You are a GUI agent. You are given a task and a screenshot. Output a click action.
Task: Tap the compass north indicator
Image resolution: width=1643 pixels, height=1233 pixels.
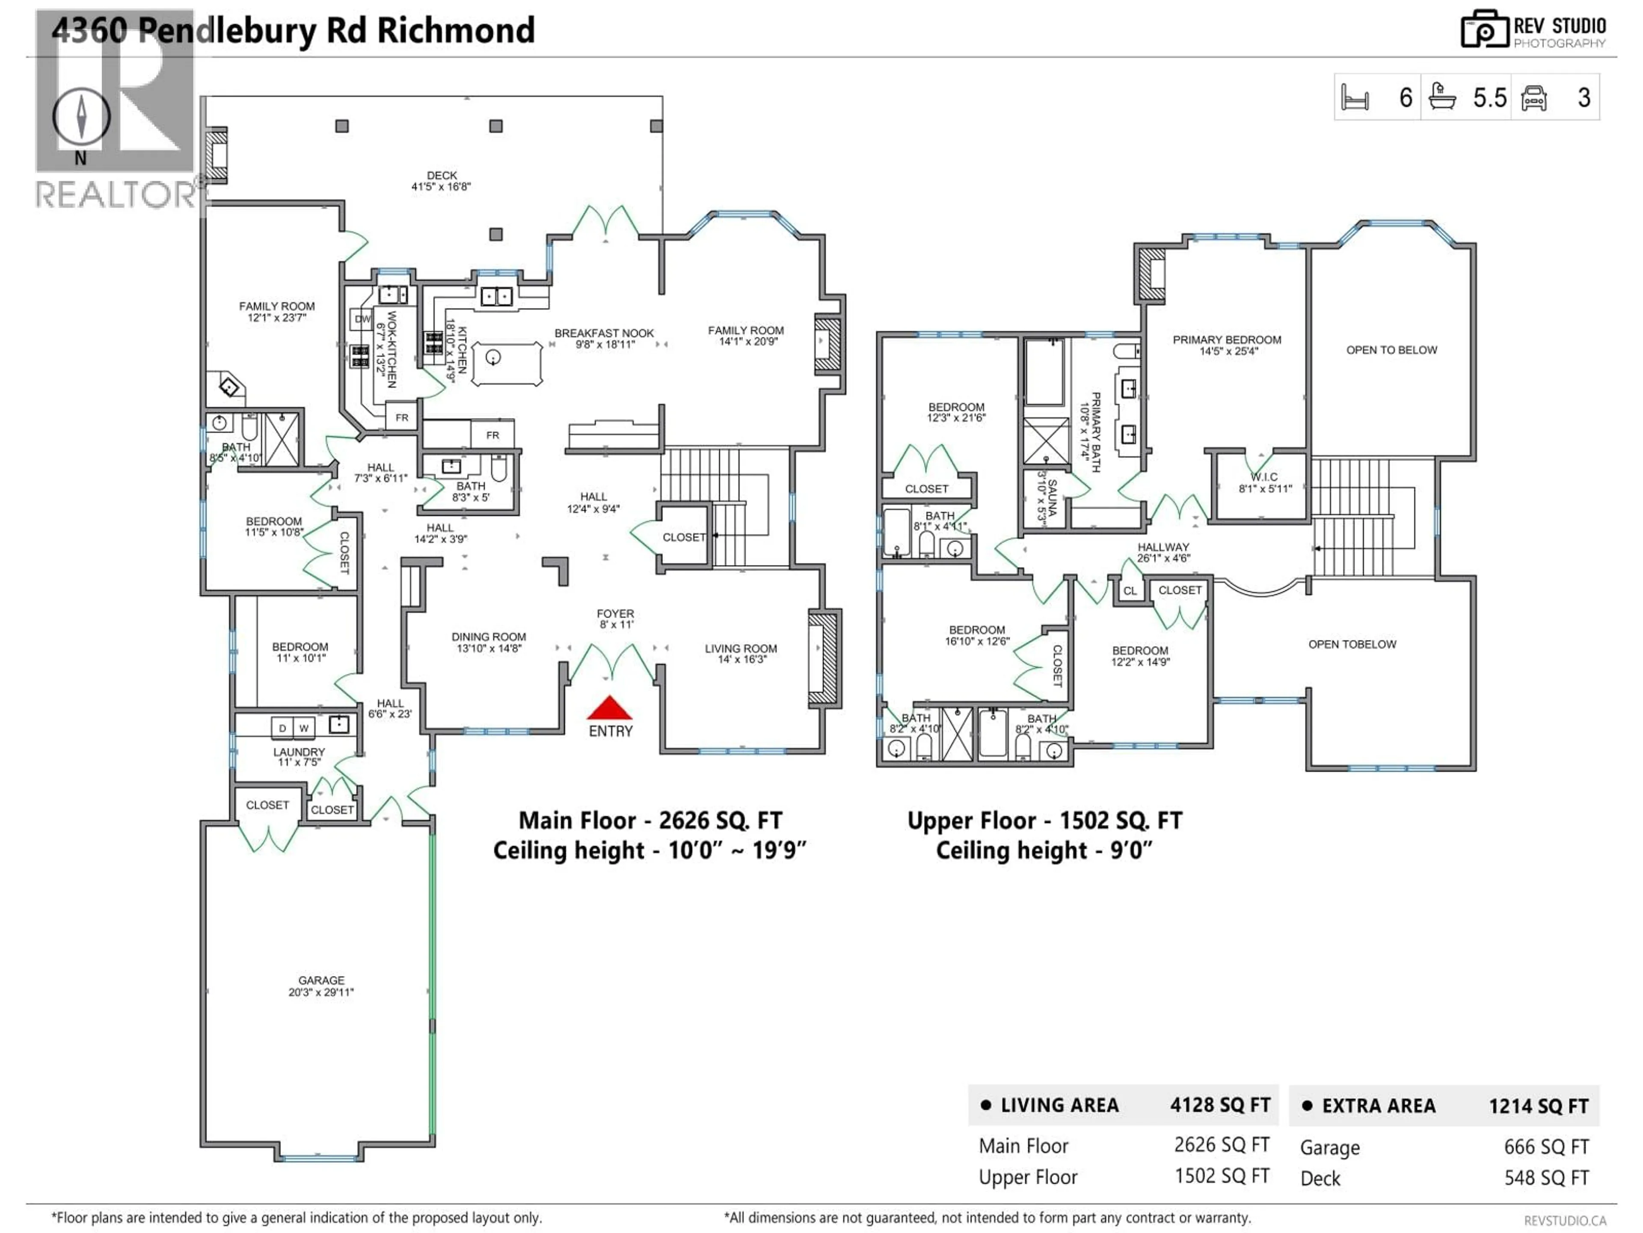pyautogui.click(x=81, y=117)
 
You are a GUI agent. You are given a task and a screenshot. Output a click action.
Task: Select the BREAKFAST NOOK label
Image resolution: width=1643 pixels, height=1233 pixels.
pyautogui.click(x=604, y=338)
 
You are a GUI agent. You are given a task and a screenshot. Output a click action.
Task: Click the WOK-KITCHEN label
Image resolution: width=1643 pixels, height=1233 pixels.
pyautogui.click(x=387, y=349)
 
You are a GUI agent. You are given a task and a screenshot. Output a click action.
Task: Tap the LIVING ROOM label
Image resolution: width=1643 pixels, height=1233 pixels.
pyautogui.click(x=741, y=653)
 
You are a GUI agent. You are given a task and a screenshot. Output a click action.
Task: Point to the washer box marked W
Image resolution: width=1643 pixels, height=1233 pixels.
pyautogui.click(x=304, y=728)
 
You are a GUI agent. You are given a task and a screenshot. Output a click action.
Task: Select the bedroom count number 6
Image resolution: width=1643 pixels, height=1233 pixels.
pyautogui.click(x=1405, y=97)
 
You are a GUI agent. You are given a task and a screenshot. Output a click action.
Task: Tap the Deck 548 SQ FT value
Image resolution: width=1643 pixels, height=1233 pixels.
pyautogui.click(x=1546, y=1178)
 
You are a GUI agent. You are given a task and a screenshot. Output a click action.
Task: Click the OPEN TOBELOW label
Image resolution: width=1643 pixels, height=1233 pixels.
pyautogui.click(x=1352, y=644)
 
